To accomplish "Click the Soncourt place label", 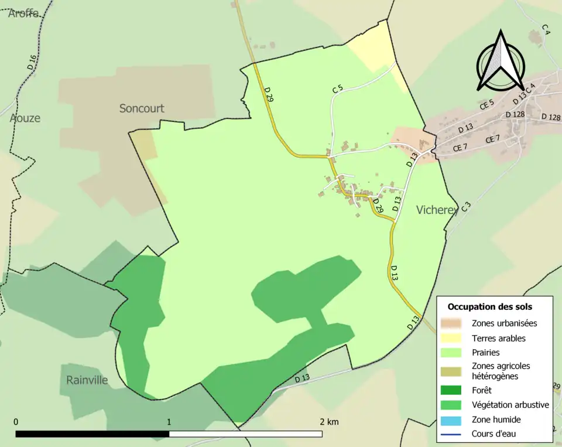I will coord(142,108).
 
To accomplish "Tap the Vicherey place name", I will coord(436,210).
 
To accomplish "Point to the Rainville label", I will coord(87,380).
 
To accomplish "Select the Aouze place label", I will coord(25,118).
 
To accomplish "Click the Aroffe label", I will coord(23,13).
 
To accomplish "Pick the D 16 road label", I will coord(32,62).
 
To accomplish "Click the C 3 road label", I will coord(466,206).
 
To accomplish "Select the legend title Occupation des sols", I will coord(490,306).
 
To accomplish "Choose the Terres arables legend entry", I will coord(498,338).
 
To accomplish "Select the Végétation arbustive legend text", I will coord(510,404).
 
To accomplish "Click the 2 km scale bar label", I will coord(329,422).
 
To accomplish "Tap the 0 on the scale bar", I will coord(16,422).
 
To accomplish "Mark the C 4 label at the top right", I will coord(546,29).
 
